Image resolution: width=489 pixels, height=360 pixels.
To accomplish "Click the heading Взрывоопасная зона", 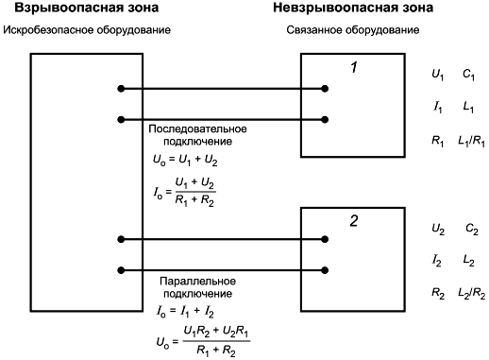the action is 86,8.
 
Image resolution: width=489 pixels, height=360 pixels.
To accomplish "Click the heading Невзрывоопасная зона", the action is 353,8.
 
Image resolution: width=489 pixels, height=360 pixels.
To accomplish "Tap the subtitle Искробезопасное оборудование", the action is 87,30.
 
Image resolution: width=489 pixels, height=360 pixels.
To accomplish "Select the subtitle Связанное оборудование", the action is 353,30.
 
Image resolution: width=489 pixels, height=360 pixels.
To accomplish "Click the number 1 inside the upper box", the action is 354,67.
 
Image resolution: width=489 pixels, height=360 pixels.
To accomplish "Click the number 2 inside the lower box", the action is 354,221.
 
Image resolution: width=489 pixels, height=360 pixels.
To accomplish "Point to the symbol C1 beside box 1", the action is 468,75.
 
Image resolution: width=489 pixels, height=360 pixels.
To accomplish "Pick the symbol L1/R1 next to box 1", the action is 471,141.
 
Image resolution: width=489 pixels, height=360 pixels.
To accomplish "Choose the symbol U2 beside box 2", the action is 438,229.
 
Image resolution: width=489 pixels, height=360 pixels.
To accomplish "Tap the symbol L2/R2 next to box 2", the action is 471,294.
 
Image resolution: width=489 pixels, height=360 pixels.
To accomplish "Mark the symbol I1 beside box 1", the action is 438,108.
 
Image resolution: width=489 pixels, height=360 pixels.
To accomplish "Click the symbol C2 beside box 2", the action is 472,229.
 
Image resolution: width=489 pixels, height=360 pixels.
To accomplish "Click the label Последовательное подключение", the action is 197,135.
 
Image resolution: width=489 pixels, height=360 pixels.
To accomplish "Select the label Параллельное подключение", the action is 197,287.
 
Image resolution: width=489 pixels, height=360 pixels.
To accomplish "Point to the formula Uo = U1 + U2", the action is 185,161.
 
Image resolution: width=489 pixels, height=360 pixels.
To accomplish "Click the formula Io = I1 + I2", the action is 186,312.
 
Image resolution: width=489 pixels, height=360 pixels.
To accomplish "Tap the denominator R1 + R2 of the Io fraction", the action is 194,200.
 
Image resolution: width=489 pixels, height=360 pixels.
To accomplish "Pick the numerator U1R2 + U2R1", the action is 216,332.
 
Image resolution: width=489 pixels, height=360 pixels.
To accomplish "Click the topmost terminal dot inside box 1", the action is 325,89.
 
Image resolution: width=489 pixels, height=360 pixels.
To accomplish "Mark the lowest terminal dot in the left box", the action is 121,270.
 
